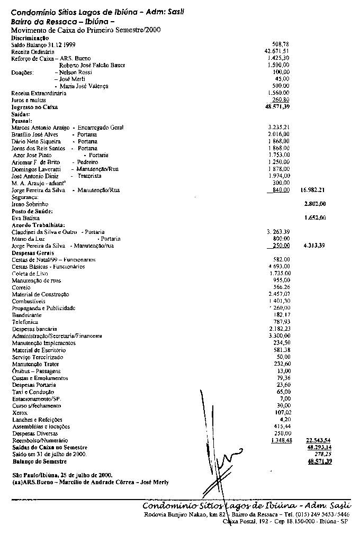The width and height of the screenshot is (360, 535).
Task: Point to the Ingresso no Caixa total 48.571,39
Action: pos(277,107)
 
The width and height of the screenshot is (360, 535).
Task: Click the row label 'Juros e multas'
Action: pos(29,100)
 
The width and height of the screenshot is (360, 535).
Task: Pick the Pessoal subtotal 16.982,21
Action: pos(312,189)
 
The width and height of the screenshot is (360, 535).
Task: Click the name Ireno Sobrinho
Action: pos(30,204)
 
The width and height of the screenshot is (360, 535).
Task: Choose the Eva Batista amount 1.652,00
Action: pos(314,217)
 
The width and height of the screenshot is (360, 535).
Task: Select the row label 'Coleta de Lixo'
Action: pos(30,274)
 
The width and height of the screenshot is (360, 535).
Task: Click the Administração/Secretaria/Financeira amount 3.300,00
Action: pos(279,335)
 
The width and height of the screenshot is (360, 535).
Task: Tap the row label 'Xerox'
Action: pos(19,412)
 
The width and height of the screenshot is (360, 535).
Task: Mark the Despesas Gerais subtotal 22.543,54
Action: pos(318,440)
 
